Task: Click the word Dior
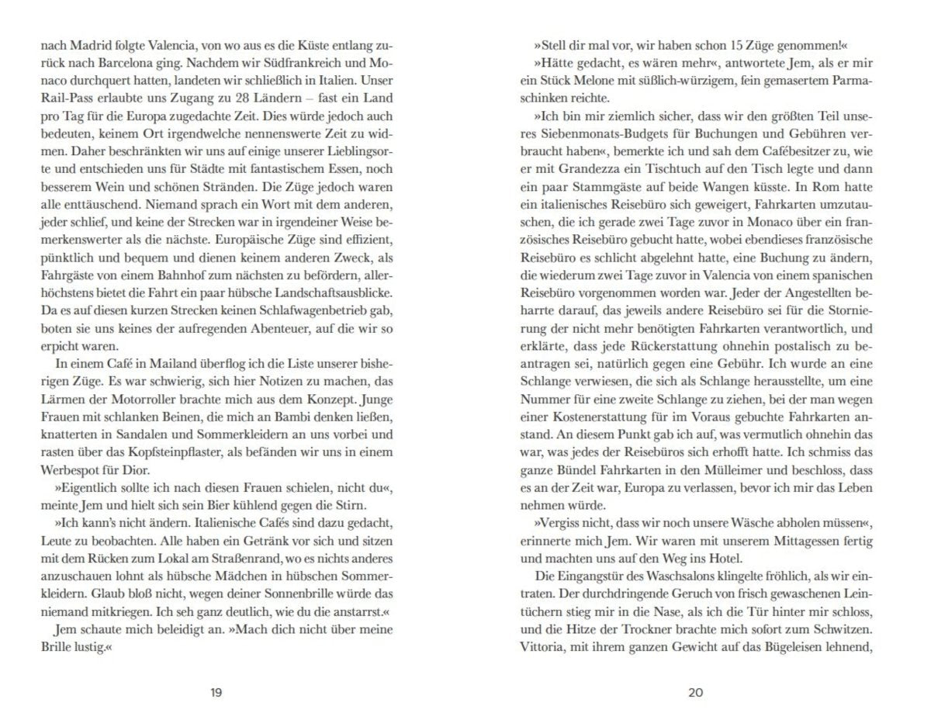(x=138, y=469)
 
